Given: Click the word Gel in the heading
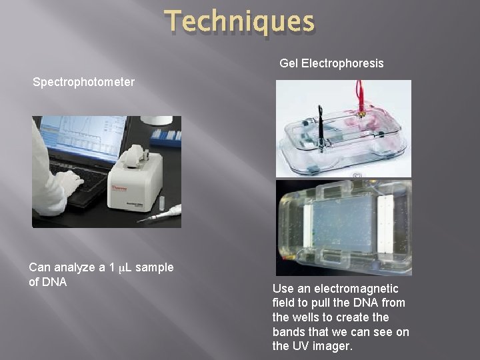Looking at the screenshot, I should point(289,63).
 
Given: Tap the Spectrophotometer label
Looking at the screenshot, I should point(84,83).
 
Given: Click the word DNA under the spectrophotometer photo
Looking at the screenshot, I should point(54,282).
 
